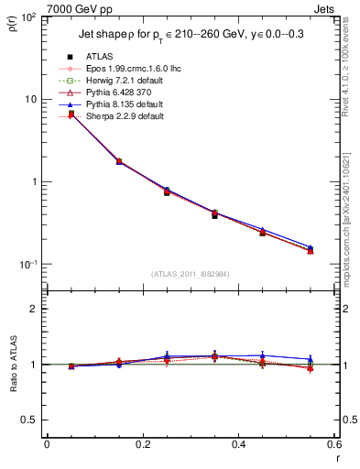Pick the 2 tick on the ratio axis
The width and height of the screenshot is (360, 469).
click(x=35, y=309)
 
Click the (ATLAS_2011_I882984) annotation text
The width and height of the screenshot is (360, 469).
click(x=190, y=273)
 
